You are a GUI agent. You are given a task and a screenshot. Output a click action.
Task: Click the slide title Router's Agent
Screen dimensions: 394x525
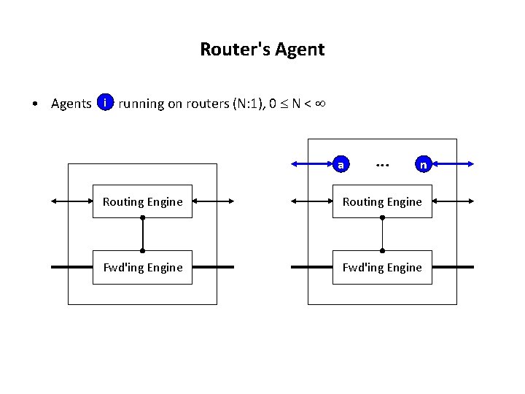pyautogui.click(x=262, y=50)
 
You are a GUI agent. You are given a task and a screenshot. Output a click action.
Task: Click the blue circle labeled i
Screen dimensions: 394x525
pyautogui.click(x=106, y=103)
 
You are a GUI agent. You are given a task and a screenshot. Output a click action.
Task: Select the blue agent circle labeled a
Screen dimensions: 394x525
pyautogui.click(x=341, y=164)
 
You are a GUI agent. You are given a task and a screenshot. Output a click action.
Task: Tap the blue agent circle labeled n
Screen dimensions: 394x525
pyautogui.click(x=423, y=164)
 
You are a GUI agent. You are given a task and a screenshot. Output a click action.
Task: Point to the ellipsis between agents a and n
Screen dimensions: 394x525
pyautogui.click(x=381, y=165)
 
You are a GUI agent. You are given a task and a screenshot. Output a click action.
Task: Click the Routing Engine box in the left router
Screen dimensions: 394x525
pyautogui.click(x=142, y=201)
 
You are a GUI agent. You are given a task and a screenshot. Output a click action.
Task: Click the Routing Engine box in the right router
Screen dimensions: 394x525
pyautogui.click(x=382, y=201)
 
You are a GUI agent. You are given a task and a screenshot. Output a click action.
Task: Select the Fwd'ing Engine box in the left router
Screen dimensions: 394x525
pyautogui.click(x=142, y=267)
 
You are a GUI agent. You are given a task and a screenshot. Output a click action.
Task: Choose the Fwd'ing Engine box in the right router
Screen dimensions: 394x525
pyautogui.click(x=382, y=267)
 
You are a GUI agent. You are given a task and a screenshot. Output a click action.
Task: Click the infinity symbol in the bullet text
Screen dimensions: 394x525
pyautogui.click(x=319, y=103)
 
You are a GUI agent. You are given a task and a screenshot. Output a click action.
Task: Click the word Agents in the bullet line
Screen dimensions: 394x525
pyautogui.click(x=71, y=104)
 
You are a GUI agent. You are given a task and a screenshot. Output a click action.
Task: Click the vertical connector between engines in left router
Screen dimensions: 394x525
pyautogui.click(x=142, y=234)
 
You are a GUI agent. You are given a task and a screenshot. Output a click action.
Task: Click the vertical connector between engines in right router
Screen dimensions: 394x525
pyautogui.click(x=382, y=234)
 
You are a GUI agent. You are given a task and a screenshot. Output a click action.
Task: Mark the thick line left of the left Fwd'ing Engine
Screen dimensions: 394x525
pyautogui.click(x=71, y=267)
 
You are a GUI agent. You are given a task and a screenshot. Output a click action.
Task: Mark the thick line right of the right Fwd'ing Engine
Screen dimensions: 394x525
pyautogui.click(x=453, y=267)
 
